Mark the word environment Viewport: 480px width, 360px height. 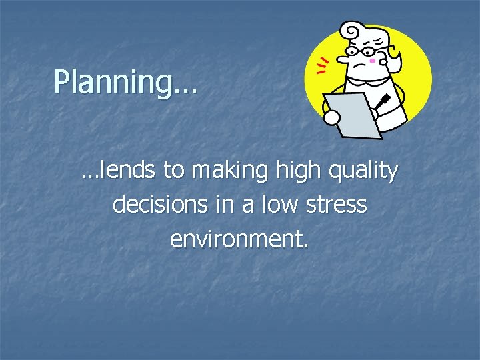pyautogui.click(x=239, y=238)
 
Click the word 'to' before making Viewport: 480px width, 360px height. pyautogui.click(x=175, y=171)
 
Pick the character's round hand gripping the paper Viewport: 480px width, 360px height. pyautogui.click(x=331, y=117)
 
